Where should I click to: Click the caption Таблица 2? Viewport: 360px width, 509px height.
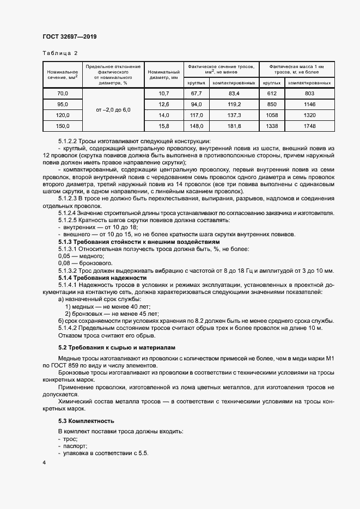60,53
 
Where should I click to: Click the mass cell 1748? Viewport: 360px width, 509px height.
309,126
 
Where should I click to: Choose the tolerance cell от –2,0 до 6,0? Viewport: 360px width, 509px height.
113,110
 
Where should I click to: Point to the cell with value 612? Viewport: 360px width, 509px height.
271,94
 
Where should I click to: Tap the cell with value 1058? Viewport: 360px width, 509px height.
271,115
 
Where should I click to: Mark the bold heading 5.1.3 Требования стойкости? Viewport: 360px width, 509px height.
139,241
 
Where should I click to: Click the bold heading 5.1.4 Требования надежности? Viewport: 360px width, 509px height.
103,278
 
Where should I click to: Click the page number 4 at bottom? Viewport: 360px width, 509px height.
44,462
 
